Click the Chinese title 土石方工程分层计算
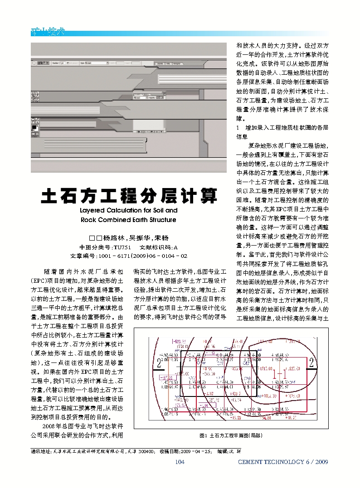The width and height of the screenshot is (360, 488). click(x=129, y=196)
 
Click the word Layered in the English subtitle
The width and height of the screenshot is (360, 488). click(x=93, y=211)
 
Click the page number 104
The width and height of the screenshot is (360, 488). click(x=180, y=462)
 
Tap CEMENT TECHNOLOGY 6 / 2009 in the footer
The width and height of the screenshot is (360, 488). click(x=282, y=462)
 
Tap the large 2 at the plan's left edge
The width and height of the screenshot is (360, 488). click(x=159, y=363)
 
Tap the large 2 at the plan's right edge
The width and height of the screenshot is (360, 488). click(x=311, y=362)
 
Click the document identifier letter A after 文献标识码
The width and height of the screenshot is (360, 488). click(x=175, y=247)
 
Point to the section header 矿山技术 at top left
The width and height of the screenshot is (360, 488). click(x=48, y=32)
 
